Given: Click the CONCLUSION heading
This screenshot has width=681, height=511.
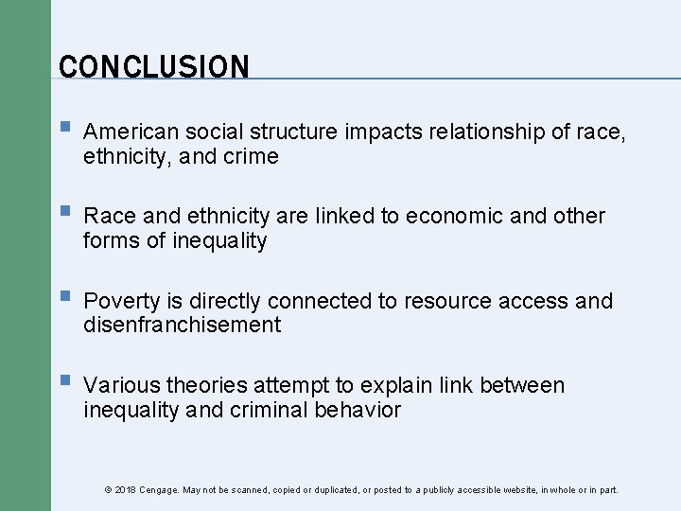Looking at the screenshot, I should pyautogui.click(x=153, y=67).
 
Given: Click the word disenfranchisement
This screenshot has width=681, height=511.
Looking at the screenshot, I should pyautogui.click(x=183, y=326).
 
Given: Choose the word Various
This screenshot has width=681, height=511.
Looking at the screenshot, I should pyautogui.click(x=121, y=386).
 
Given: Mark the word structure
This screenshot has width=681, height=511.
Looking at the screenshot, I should pyautogui.click(x=296, y=132).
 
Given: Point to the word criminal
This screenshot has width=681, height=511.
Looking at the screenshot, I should pyautogui.click(x=273, y=411).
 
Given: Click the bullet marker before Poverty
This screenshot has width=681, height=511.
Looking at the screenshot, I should pyautogui.click(x=62, y=299).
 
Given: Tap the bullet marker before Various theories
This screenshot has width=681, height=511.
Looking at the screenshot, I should pyautogui.click(x=62, y=383).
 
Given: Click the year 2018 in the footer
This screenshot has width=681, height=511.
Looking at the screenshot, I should pyautogui.click(x=125, y=490).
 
